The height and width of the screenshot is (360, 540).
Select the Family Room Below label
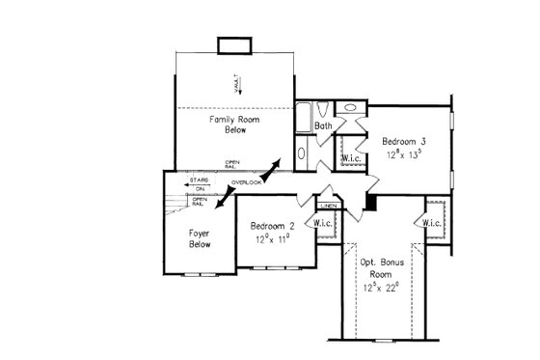[230, 124]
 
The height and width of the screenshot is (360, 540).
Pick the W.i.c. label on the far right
[431, 224]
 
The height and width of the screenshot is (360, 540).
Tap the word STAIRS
[200, 180]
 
